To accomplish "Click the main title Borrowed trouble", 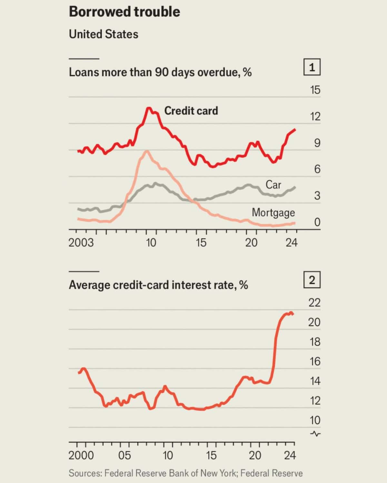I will (x=124, y=12).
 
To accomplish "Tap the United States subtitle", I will (x=104, y=34).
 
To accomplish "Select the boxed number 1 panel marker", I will (x=312, y=67).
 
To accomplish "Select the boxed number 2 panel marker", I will (x=312, y=280).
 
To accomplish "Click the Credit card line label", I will (x=191, y=111).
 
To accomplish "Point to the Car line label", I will (x=273, y=185).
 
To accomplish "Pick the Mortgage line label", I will (x=273, y=213).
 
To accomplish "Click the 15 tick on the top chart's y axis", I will (x=315, y=90).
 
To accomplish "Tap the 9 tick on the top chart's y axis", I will (x=317, y=143).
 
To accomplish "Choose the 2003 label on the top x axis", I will (x=81, y=242).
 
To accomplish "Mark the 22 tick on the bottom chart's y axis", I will (x=314, y=303).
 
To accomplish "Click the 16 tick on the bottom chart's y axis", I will (x=315, y=361).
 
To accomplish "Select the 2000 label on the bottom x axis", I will (x=81, y=455).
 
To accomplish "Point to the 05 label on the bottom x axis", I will (x=124, y=455).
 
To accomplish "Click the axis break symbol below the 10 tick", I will (x=315, y=434).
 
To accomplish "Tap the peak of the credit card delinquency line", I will (x=149, y=108).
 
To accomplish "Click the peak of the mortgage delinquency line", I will (x=147, y=151).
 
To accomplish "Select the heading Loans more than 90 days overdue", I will (x=160, y=72).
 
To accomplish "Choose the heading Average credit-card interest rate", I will (x=158, y=285).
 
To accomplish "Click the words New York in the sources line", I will (x=218, y=473).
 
